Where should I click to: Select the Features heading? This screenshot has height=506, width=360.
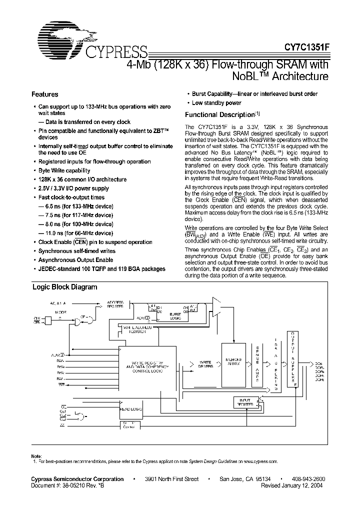45,94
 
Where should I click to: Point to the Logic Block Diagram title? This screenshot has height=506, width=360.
65,287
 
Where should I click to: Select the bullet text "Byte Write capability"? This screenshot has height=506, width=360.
64,170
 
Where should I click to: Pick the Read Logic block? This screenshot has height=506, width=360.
127,409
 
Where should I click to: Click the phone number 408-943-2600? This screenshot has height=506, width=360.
307,479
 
